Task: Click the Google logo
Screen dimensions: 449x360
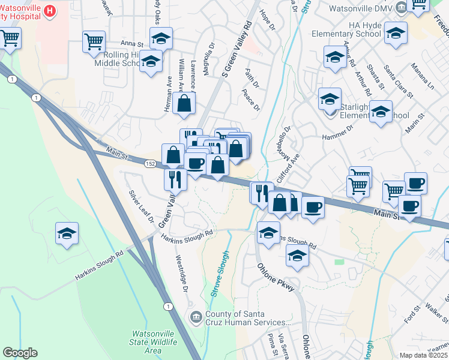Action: coord(20,353)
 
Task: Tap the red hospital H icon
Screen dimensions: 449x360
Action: coord(50,10)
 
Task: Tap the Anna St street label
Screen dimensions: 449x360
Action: coord(133,44)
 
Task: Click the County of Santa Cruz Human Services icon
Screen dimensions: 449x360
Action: coord(196,317)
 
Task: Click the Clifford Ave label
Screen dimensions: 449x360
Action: coord(287,169)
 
